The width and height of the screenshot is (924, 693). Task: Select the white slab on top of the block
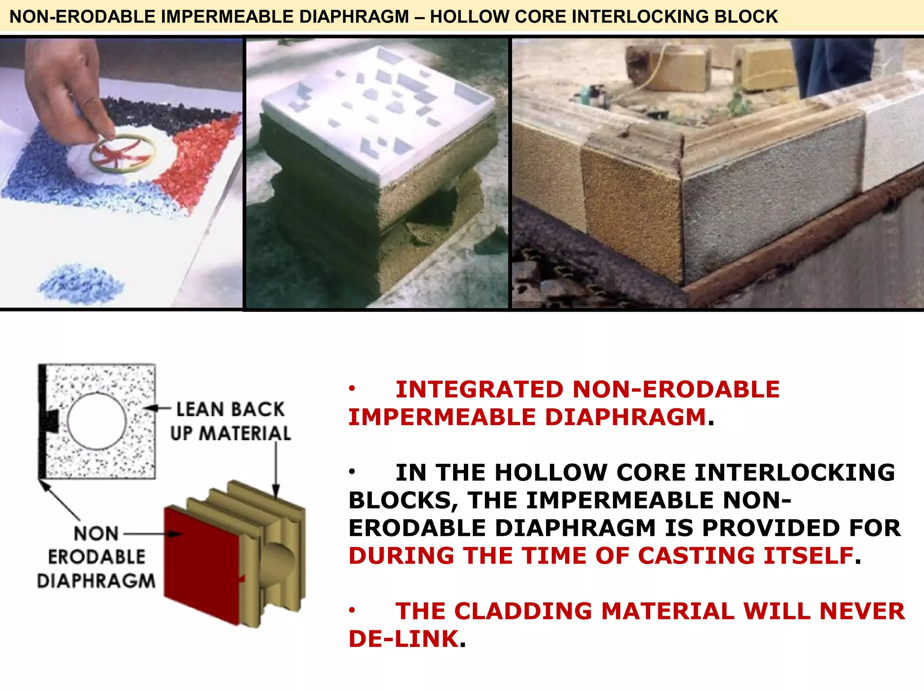(x=379, y=113)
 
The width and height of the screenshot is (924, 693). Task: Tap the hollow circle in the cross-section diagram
(x=97, y=421)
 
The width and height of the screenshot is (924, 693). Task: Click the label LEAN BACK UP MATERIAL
(x=230, y=421)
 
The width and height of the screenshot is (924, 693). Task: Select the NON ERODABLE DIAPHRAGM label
(x=97, y=557)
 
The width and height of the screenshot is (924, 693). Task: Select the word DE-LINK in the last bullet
(x=404, y=639)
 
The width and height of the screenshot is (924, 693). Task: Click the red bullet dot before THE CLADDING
(x=352, y=610)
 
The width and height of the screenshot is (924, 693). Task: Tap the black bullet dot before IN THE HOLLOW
(x=352, y=472)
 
